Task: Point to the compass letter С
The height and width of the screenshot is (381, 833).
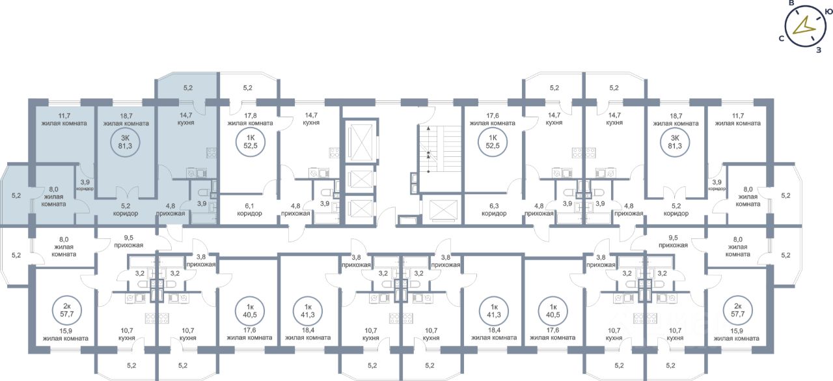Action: tap(780, 38)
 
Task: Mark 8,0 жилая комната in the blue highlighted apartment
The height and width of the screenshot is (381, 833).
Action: tap(53, 197)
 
